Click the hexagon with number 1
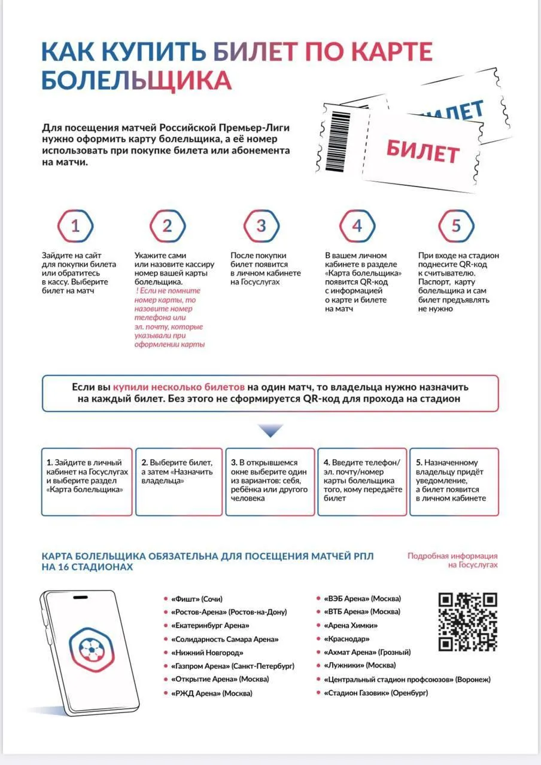[75, 227]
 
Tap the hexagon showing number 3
[261, 227]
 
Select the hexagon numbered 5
[456, 227]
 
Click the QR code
[468, 622]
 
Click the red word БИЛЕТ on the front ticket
[423, 150]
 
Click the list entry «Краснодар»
[346, 639]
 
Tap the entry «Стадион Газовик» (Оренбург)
[375, 693]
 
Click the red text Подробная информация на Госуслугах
[452, 560]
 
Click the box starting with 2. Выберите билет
[179, 482]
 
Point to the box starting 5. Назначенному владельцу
[454, 482]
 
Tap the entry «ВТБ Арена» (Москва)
[361, 611]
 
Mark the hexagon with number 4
[357, 227]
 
